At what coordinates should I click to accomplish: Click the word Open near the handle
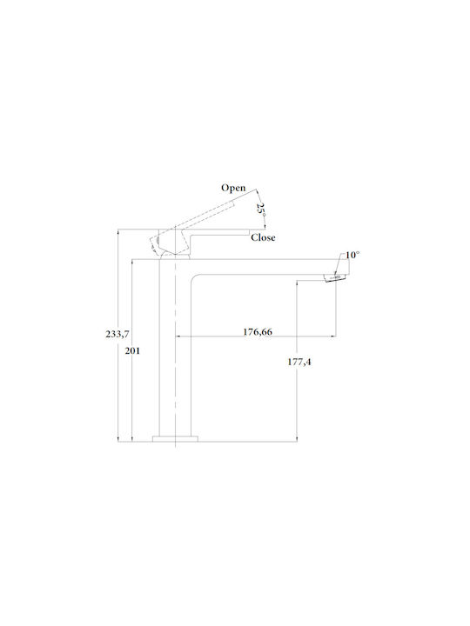click(233, 188)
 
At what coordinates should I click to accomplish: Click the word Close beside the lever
click(263, 237)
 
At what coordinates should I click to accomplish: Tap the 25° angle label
click(261, 210)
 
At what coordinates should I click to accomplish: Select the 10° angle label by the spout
click(352, 255)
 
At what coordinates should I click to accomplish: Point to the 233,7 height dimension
click(117, 334)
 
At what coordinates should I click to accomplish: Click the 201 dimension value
click(132, 351)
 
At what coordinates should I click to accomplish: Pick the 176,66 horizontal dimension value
click(258, 332)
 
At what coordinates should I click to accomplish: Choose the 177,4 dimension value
click(299, 362)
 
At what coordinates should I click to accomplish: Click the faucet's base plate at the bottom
click(176, 439)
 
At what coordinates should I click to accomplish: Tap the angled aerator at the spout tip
click(334, 277)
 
